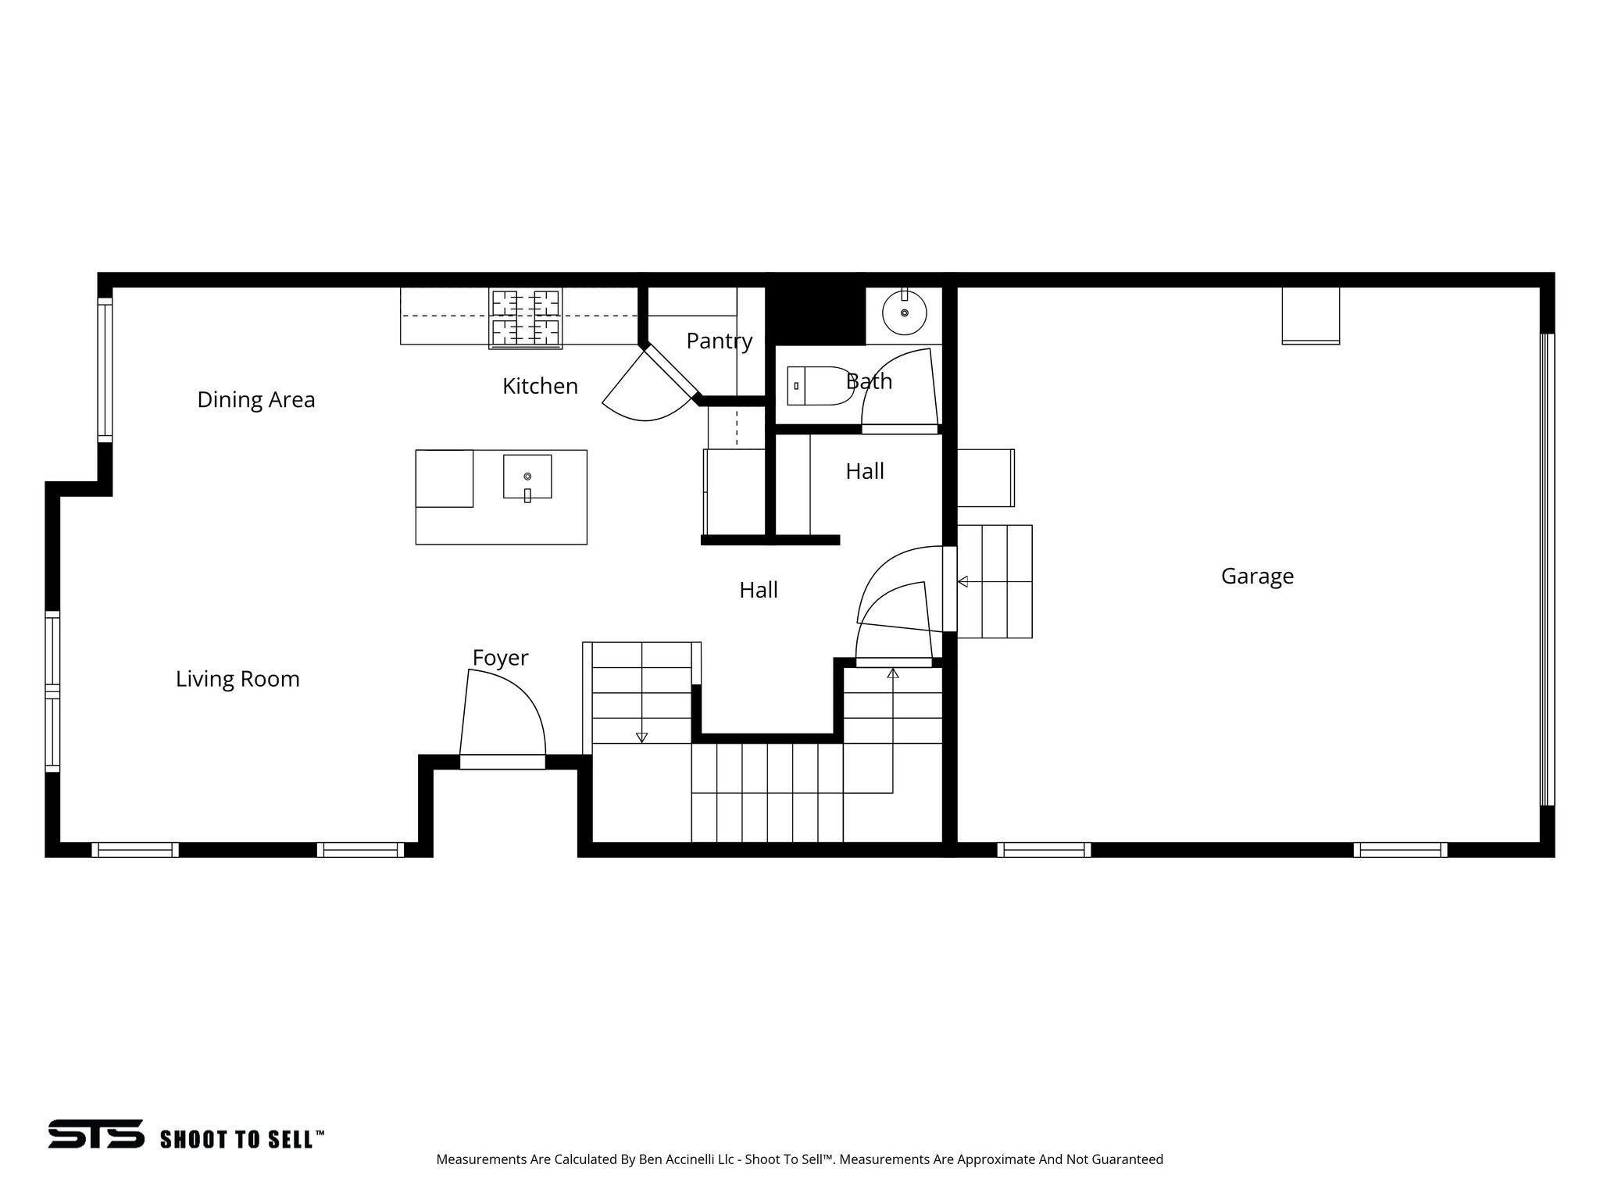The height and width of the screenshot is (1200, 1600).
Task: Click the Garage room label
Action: (1257, 577)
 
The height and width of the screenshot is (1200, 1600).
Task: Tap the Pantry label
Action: (719, 341)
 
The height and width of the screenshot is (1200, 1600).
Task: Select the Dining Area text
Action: (256, 400)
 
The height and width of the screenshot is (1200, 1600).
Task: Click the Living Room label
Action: (237, 679)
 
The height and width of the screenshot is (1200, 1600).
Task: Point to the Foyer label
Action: (500, 658)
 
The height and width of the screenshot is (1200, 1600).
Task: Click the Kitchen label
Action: (540, 386)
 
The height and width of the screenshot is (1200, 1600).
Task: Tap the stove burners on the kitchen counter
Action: (525, 318)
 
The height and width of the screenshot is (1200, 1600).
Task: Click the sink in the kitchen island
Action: (527, 477)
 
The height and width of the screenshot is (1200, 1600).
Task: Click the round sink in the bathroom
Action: (905, 312)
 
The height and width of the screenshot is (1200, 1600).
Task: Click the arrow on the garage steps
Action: (962, 581)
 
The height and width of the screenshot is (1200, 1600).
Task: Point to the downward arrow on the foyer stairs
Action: (641, 737)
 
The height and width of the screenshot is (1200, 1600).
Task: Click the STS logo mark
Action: (96, 1134)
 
